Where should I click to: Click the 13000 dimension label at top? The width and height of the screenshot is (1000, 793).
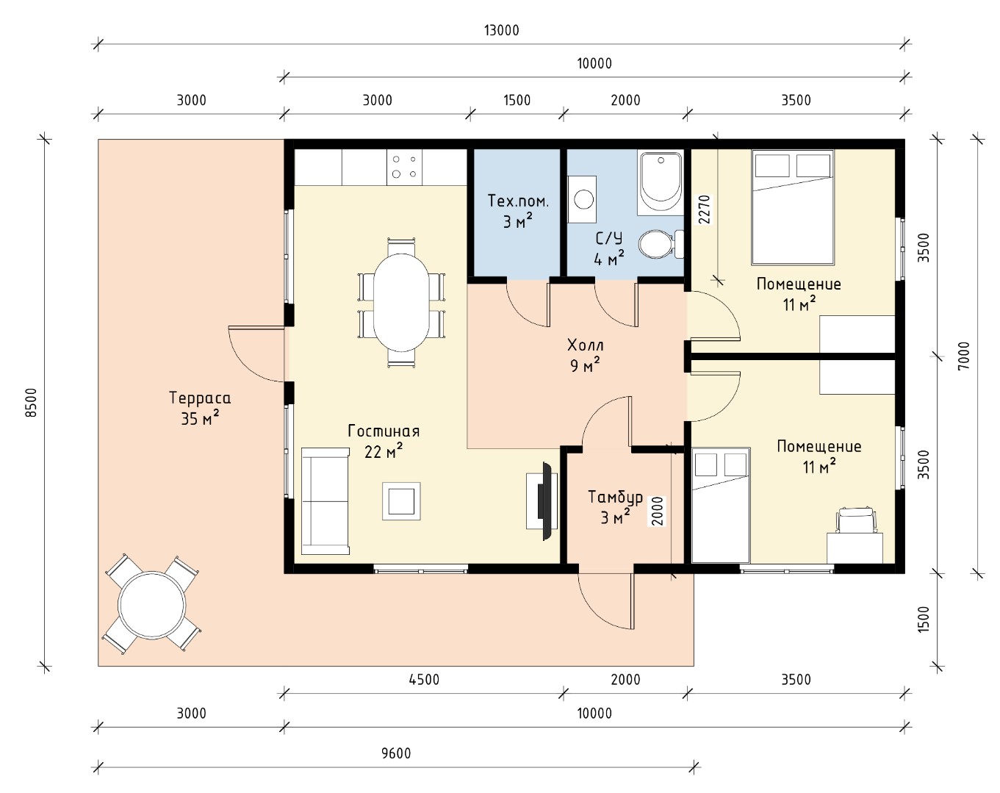click(501, 31)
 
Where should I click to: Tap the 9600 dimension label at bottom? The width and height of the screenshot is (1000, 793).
click(396, 753)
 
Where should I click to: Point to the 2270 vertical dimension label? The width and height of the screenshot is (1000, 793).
click(705, 209)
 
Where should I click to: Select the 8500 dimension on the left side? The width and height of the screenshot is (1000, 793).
click(31, 403)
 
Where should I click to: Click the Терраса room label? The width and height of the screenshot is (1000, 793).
click(200, 398)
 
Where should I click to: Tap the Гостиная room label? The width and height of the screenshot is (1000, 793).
click(384, 431)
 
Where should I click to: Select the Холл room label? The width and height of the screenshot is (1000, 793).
click(586, 345)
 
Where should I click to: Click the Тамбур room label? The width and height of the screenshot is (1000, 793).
click(615, 498)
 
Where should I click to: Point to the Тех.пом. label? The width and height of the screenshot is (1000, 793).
click(518, 201)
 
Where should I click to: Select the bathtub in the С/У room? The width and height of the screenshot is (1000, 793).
click(661, 183)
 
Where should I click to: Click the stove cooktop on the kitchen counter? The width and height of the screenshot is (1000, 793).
click(404, 167)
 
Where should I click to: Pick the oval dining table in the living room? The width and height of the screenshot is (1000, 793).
click(401, 303)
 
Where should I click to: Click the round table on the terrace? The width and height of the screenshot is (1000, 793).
click(152, 604)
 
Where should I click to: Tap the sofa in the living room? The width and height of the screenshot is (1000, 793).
click(325, 501)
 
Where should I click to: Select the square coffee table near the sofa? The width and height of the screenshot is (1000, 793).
click(401, 501)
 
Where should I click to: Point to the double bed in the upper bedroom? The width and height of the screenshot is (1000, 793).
click(792, 207)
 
